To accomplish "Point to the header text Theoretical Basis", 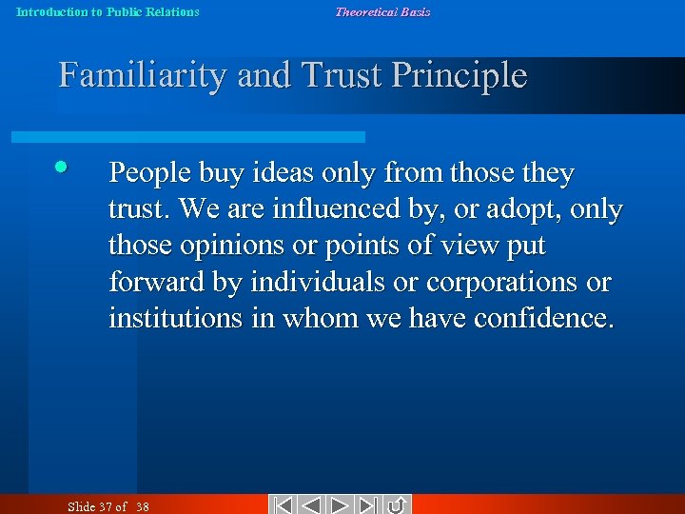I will (382, 12).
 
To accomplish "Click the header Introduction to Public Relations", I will (108, 12).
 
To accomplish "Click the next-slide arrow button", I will (342, 504).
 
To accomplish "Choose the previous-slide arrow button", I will (312, 504).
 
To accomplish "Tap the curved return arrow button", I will (397, 504).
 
